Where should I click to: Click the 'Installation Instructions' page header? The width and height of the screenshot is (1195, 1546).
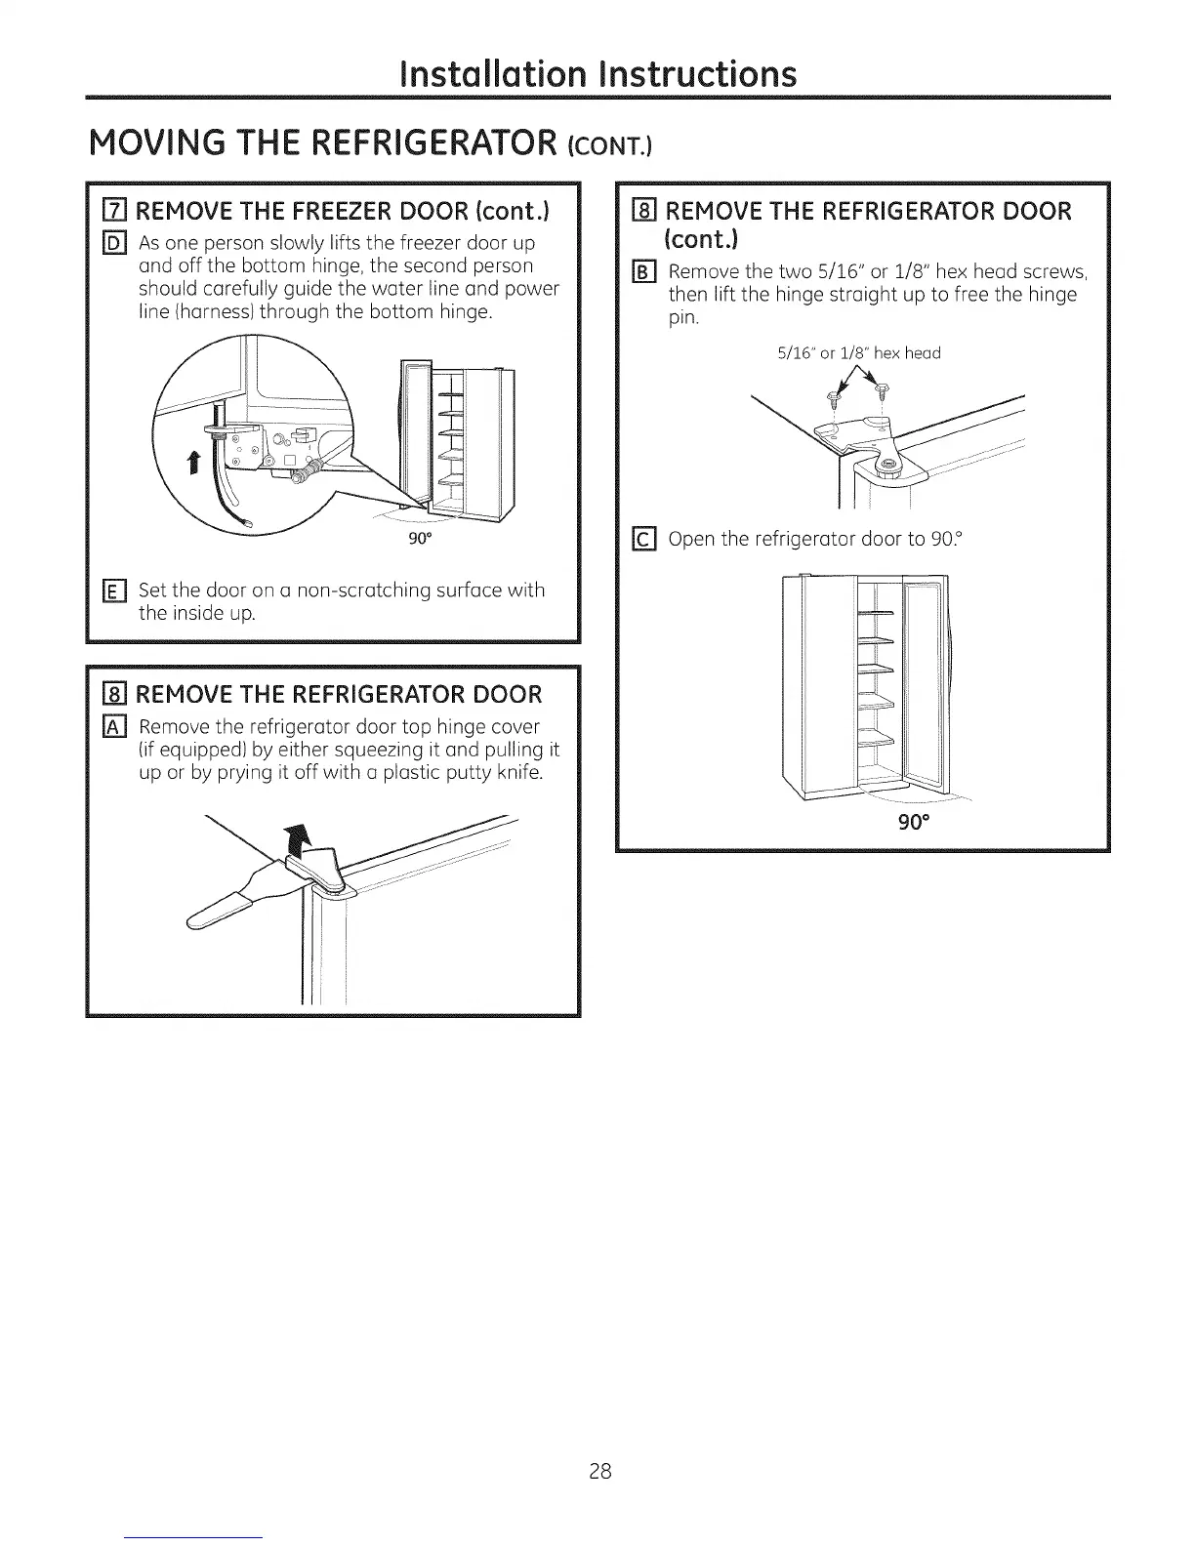pos(598,73)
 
